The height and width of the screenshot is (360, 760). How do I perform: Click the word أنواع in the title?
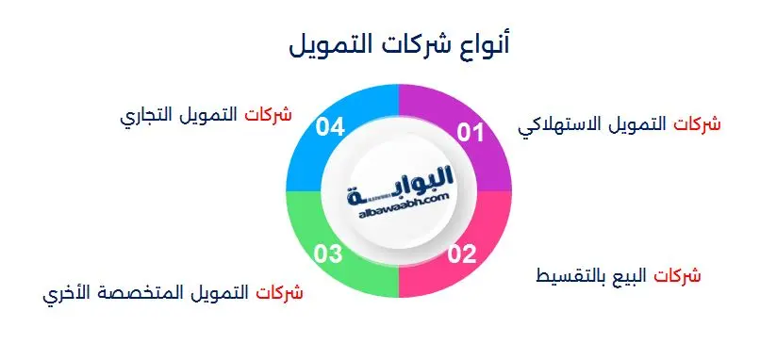[x=480, y=44]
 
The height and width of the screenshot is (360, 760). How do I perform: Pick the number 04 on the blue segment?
[x=331, y=126]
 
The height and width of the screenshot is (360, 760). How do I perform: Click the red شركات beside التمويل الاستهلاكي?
[x=699, y=124]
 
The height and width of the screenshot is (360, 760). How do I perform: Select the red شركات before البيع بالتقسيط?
[x=680, y=276]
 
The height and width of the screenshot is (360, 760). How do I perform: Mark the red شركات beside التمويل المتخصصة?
[x=280, y=293]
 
